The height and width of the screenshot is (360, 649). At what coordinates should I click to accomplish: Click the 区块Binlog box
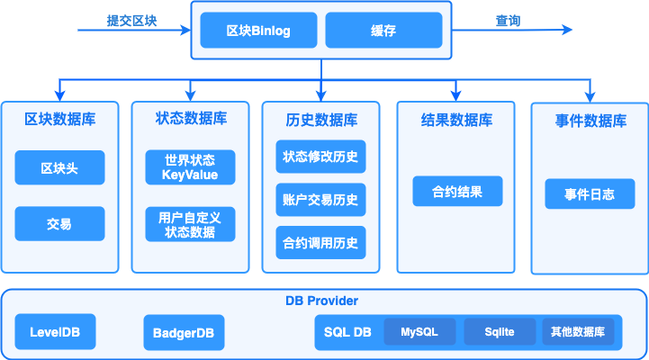[x=257, y=31]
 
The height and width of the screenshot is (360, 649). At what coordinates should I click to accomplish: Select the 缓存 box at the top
[x=383, y=31]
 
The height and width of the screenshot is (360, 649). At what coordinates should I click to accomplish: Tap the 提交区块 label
[x=131, y=20]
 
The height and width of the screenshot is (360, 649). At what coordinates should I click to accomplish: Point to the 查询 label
[x=508, y=20]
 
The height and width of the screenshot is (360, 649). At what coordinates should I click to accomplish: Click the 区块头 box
[x=59, y=167]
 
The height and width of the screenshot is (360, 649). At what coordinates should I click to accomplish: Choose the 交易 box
[x=59, y=224]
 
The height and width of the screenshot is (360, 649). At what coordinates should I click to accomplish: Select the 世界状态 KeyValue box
[x=191, y=167]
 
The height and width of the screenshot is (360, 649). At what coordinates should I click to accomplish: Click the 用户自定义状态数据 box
[x=191, y=224]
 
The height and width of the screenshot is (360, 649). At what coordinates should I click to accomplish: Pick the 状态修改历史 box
[x=320, y=157]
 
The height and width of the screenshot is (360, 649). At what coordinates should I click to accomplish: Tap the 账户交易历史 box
[x=320, y=200]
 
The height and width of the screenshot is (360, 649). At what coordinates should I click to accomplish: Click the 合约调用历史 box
[x=320, y=242]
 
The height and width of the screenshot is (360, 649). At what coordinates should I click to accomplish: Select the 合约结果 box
[x=457, y=191]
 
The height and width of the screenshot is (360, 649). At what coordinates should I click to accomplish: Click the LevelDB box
[x=55, y=332]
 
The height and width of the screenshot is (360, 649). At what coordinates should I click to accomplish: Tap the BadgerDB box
[x=184, y=332]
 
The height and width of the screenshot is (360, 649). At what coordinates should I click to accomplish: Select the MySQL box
[x=419, y=332]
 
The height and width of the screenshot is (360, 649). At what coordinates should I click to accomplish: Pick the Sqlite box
[x=499, y=332]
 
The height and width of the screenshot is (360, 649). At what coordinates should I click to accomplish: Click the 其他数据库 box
[x=578, y=332]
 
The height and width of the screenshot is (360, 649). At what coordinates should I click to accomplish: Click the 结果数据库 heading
[x=456, y=120]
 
